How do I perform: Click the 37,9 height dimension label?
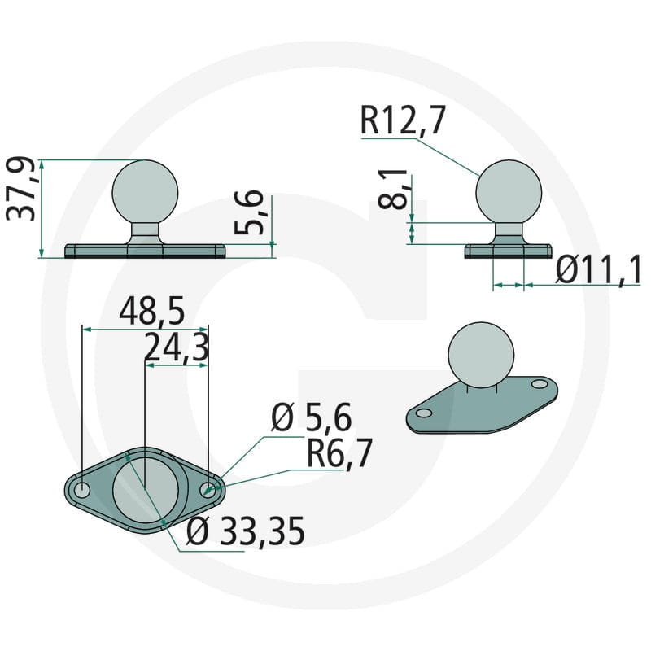click(x=21, y=189)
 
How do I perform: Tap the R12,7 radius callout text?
click(x=403, y=120)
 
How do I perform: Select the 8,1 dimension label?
click(x=393, y=190)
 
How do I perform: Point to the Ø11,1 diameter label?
click(x=599, y=269)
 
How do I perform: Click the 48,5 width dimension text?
click(x=151, y=311)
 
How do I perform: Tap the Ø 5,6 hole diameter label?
click(x=312, y=417)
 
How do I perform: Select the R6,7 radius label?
click(x=339, y=453)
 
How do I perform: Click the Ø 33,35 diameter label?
click(x=246, y=531)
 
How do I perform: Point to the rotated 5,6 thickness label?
click(x=249, y=213)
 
